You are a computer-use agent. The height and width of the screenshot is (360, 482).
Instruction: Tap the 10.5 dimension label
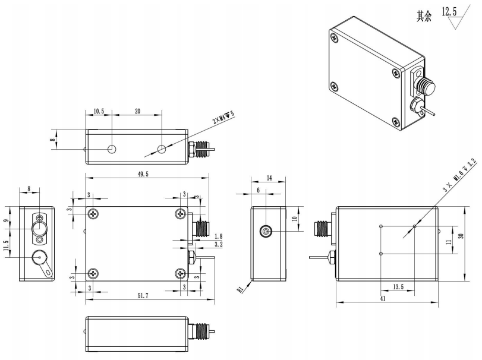click(x=99, y=111)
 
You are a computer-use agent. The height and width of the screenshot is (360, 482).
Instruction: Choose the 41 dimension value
click(x=382, y=299)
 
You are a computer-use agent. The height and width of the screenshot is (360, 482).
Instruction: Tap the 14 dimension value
click(x=269, y=178)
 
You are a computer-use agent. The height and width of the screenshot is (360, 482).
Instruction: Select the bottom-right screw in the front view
click(x=181, y=273)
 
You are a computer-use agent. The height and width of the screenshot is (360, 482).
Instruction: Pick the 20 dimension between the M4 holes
click(x=137, y=111)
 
